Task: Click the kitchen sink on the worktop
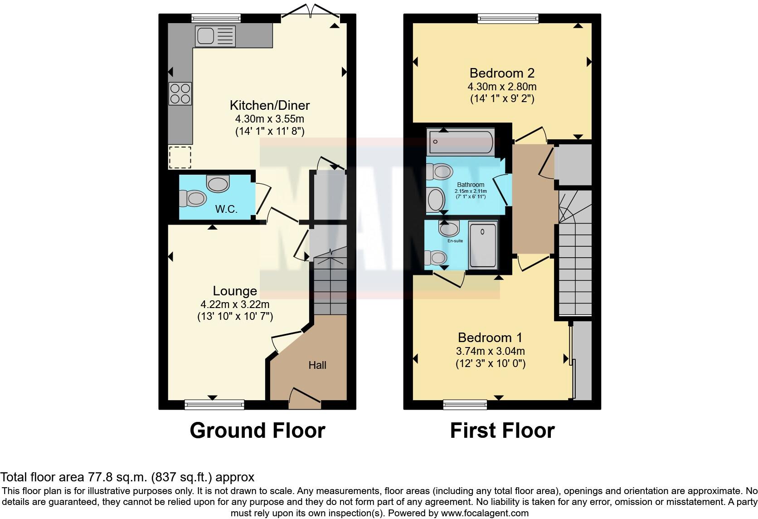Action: (215, 36)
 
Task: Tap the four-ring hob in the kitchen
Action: (180, 93)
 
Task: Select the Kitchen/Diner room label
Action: (270, 105)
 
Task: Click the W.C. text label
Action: (226, 209)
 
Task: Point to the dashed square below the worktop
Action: (180, 157)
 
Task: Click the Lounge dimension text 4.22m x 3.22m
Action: (235, 304)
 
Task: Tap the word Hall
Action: (317, 365)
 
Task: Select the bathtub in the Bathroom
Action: (461, 142)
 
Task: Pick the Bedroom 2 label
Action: (502, 73)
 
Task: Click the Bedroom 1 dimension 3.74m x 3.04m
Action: (490, 351)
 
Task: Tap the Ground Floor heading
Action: (257, 430)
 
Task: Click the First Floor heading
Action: (502, 430)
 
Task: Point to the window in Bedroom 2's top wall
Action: (508, 18)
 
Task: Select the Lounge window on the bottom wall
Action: (214, 404)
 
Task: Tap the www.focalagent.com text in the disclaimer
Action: (485, 513)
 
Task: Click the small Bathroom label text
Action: (470, 185)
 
